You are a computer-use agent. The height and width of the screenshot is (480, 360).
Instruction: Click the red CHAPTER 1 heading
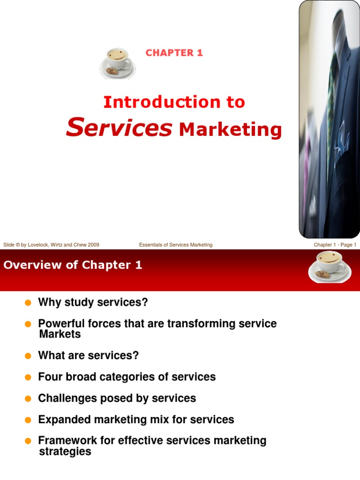coord(174,52)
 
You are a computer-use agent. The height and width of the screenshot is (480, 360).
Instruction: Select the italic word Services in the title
coord(119,128)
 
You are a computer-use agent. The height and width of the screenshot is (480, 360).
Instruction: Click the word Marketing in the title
coord(230,129)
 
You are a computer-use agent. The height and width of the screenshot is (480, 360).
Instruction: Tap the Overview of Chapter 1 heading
coord(73,265)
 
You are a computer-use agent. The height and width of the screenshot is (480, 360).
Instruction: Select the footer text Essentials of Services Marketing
coord(176,245)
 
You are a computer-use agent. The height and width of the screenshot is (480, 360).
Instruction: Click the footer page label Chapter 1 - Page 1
coord(335,245)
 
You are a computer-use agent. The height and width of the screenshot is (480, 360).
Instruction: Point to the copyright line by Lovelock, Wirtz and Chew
coord(51,245)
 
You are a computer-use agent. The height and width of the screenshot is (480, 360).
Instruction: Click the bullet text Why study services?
coord(93,302)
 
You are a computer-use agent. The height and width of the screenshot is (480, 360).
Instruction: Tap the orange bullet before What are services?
coord(28,356)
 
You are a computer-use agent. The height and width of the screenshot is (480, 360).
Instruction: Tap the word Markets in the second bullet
coord(60,334)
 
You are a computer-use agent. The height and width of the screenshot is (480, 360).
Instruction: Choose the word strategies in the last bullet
coord(65,451)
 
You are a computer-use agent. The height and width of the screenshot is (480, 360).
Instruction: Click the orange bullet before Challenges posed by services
coord(28,398)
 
